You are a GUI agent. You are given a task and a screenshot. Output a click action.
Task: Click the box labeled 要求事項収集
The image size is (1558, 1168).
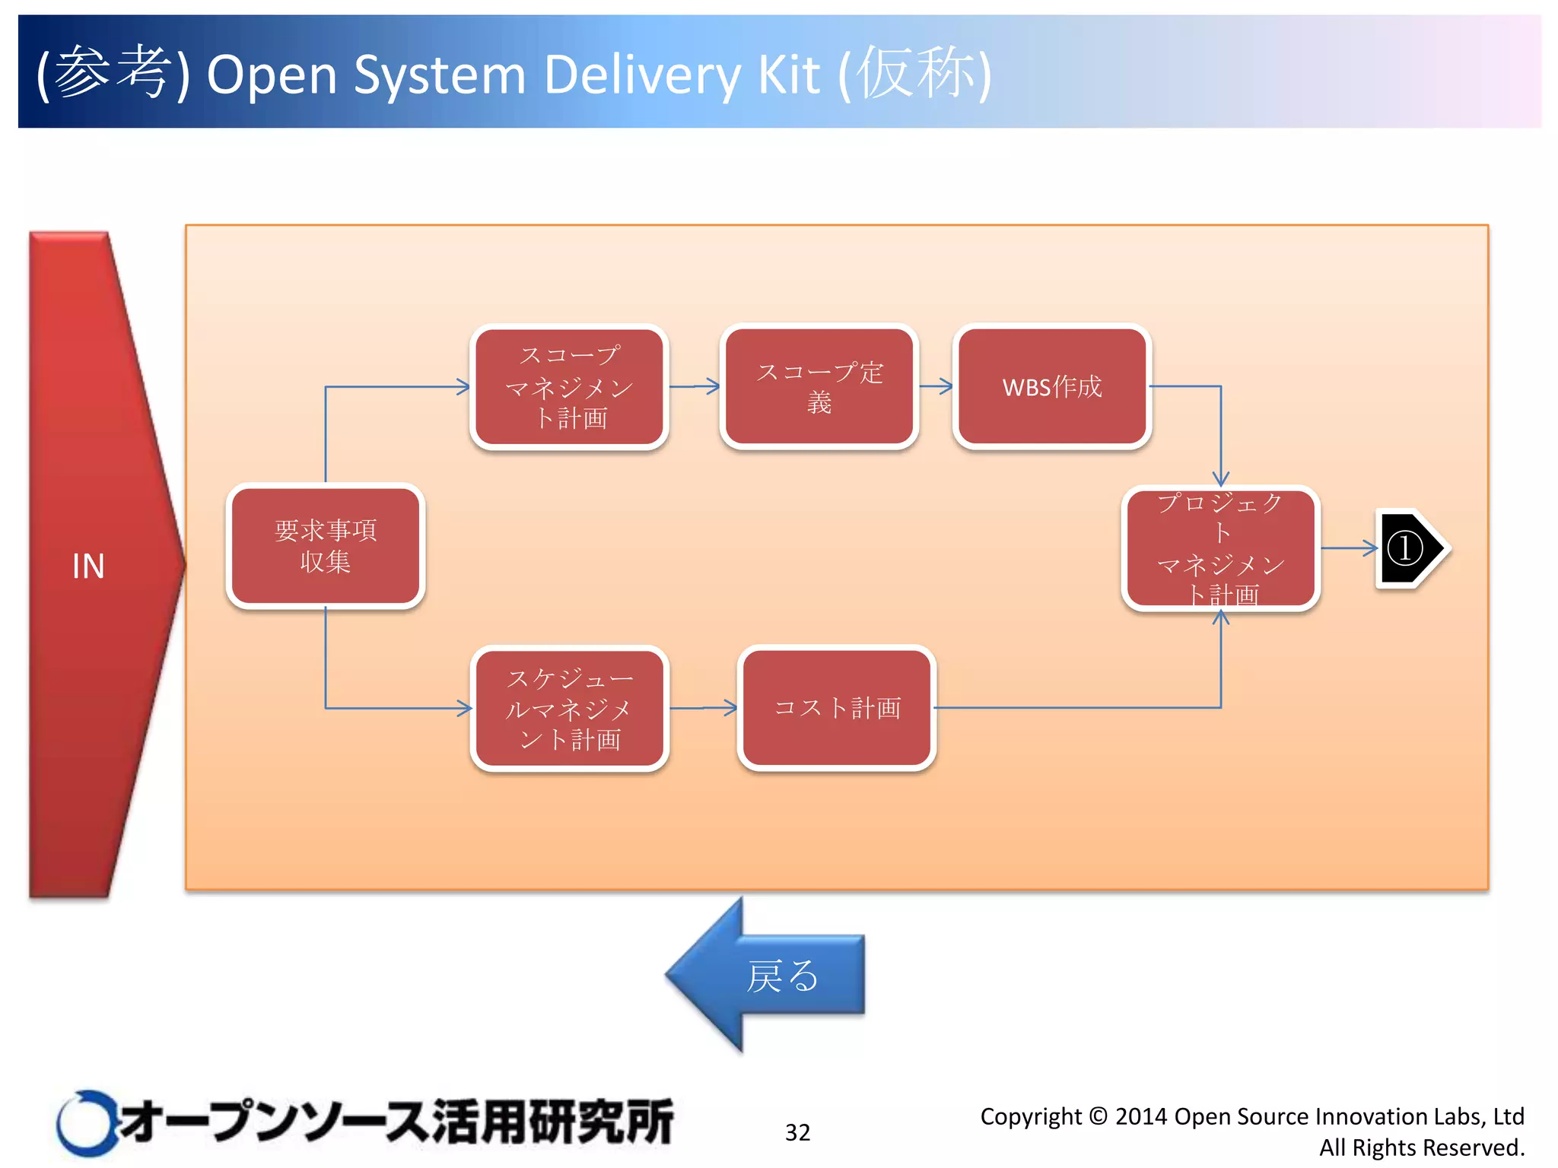(x=326, y=546)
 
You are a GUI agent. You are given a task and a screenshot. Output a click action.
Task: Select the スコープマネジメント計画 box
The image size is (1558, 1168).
(x=569, y=387)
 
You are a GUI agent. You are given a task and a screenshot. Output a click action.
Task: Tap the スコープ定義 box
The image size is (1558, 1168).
(x=819, y=387)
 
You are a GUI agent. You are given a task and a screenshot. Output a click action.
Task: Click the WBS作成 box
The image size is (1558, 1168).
(x=1052, y=387)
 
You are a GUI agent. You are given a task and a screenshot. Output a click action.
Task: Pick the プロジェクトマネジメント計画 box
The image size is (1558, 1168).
(x=1220, y=547)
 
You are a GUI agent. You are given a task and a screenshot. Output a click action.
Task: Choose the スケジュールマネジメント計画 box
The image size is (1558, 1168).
(x=569, y=709)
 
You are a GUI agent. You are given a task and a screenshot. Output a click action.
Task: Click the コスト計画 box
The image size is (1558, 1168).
(x=837, y=709)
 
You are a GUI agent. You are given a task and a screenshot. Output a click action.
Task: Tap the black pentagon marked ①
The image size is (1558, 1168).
(x=1409, y=548)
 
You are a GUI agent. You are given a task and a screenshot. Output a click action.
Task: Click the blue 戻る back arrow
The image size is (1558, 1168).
(x=768, y=976)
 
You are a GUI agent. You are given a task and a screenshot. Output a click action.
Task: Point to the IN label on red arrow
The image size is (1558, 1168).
(x=88, y=567)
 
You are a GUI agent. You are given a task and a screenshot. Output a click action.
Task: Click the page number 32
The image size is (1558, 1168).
(x=797, y=1132)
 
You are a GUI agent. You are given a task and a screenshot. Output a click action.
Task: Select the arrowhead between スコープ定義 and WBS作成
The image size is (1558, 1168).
(x=944, y=386)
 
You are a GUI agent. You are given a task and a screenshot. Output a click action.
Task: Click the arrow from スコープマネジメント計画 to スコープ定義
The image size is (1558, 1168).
(x=695, y=386)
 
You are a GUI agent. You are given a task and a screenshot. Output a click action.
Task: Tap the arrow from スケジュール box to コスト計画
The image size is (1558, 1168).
(x=704, y=708)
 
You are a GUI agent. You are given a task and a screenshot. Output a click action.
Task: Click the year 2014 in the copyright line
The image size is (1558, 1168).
(x=1141, y=1116)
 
